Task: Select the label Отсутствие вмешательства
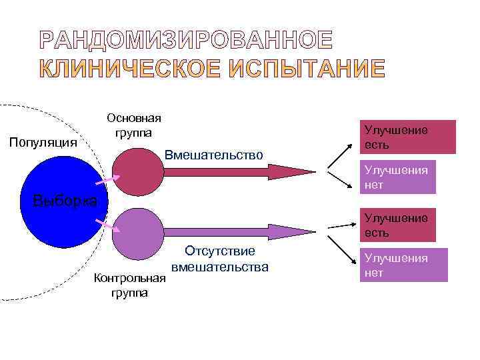[219, 259]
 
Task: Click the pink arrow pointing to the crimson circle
[107, 179]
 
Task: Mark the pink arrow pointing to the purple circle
[107, 224]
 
